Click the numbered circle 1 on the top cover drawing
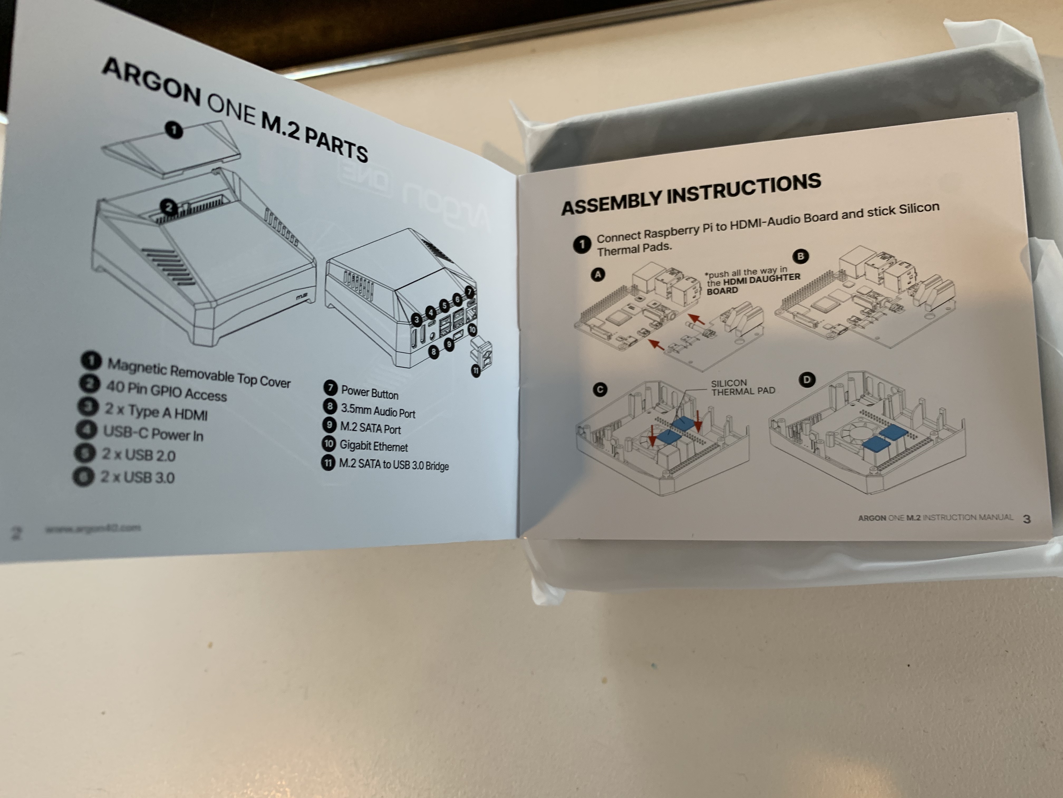point(174,130)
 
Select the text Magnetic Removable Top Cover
point(199,373)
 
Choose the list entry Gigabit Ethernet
point(373,446)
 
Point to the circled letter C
point(600,389)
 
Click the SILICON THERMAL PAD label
point(742,387)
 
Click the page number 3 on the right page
point(1027,519)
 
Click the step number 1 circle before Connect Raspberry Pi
point(582,244)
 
